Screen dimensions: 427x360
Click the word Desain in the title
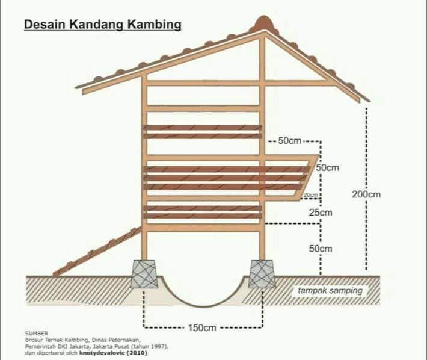(x=45, y=24)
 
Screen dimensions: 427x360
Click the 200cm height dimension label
(x=366, y=194)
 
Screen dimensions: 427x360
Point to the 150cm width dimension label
(x=202, y=327)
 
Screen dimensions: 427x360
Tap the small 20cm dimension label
(x=311, y=195)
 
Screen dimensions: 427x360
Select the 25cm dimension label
(x=321, y=212)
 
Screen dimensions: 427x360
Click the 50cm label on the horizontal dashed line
(x=290, y=141)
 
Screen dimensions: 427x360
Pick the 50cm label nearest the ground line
(x=321, y=249)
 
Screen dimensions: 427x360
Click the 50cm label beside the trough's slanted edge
(x=328, y=167)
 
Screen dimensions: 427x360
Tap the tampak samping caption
(x=330, y=291)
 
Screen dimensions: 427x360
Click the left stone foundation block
(x=144, y=274)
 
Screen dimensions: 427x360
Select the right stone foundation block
(x=262, y=274)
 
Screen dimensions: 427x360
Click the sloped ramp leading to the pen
(x=97, y=251)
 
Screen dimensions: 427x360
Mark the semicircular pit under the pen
(x=202, y=305)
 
